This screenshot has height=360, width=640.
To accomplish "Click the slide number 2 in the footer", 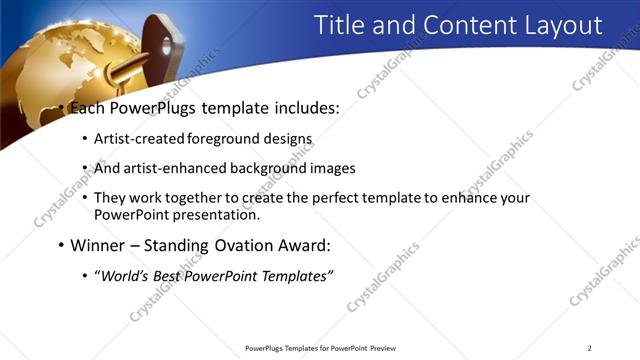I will [590, 348].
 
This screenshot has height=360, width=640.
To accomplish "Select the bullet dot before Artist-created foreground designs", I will [84, 141].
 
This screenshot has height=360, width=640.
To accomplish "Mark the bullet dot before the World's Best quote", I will [84, 275].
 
